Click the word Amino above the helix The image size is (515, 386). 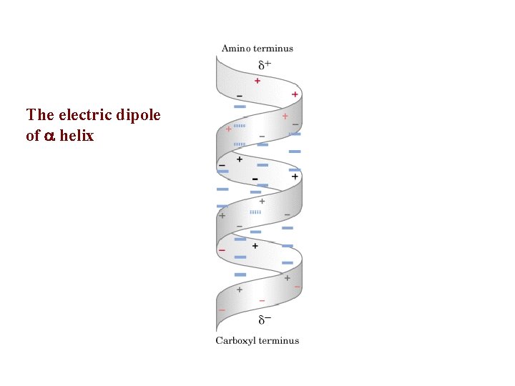click(x=234, y=49)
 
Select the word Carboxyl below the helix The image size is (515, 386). click(x=235, y=340)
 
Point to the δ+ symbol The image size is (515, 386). click(x=264, y=65)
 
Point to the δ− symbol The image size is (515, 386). click(x=265, y=319)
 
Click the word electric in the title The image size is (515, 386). click(x=82, y=114)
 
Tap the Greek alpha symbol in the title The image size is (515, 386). click(x=49, y=135)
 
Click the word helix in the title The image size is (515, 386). click(x=77, y=134)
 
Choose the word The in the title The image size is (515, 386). click(x=40, y=114)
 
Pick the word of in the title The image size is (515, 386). click(x=32, y=134)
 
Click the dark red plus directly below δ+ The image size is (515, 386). click(x=257, y=81)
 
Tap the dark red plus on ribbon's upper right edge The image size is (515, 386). click(x=295, y=94)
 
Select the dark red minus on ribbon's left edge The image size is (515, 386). click(x=222, y=250)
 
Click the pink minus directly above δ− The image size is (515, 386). click(x=262, y=300)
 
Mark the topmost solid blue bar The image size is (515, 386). click(x=240, y=106)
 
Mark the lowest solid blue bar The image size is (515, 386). click(x=240, y=274)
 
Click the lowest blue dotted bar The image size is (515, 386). click(x=255, y=212)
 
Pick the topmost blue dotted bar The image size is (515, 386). click(x=240, y=125)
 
